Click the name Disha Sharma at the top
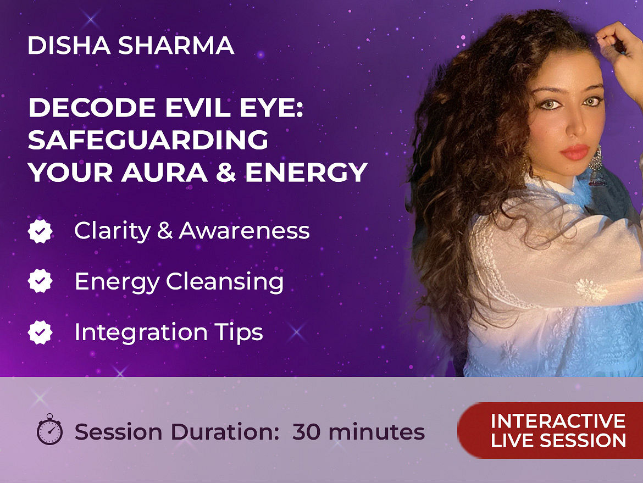pos(131,45)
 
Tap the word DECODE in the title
pos(91,107)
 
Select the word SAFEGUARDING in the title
pos(148,140)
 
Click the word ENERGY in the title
pos(306,172)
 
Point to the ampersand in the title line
pos(226,172)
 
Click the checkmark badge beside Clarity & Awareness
pos(40,231)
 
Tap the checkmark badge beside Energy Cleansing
pos(40,281)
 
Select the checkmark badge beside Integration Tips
pos(40,332)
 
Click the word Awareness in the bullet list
pos(244,230)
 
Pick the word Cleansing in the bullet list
pos(225,282)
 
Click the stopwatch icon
pos(49,429)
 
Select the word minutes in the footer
pos(376,432)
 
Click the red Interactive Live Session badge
pos(550,430)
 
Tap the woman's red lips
pos(575,152)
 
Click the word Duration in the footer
pos(225,432)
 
